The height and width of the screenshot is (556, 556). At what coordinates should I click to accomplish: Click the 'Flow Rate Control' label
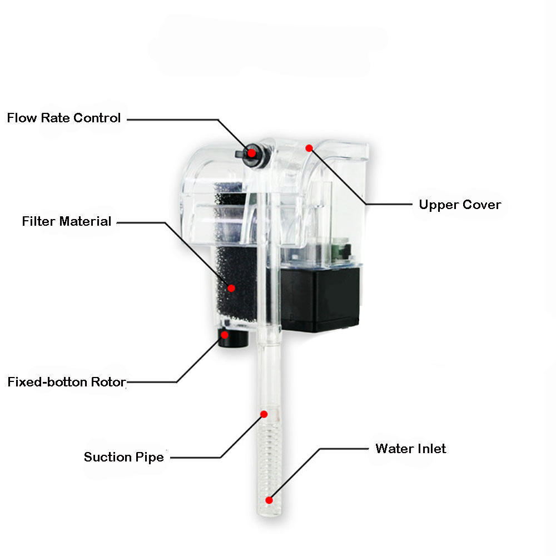click(64, 118)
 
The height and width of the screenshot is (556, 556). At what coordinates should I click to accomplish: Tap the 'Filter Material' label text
click(67, 221)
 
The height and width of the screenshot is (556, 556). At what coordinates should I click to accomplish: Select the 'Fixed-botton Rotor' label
click(67, 382)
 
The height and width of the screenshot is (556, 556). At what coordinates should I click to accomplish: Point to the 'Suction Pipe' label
click(124, 457)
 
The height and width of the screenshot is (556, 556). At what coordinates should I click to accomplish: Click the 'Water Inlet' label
click(411, 449)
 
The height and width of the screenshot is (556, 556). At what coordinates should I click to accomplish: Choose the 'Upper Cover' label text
click(460, 205)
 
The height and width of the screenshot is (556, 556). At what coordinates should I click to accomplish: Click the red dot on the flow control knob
click(251, 153)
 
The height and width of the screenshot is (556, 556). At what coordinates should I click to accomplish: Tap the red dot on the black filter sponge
click(231, 288)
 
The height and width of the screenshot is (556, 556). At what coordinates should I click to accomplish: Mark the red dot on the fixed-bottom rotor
click(225, 335)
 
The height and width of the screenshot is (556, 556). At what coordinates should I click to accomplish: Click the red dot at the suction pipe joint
click(264, 414)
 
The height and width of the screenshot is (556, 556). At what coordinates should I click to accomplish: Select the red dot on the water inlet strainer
click(269, 500)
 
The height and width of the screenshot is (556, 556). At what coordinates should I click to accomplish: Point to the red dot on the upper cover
click(309, 148)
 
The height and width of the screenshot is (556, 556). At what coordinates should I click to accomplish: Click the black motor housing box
click(320, 300)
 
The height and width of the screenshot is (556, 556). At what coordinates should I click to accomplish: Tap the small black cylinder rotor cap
click(234, 339)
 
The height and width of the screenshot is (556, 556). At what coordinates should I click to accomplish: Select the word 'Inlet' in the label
click(431, 449)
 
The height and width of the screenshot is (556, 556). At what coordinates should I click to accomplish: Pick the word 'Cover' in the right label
click(482, 205)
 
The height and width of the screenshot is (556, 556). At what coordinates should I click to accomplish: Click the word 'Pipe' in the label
click(150, 458)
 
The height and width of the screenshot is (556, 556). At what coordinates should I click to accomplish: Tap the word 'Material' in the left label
click(85, 221)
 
